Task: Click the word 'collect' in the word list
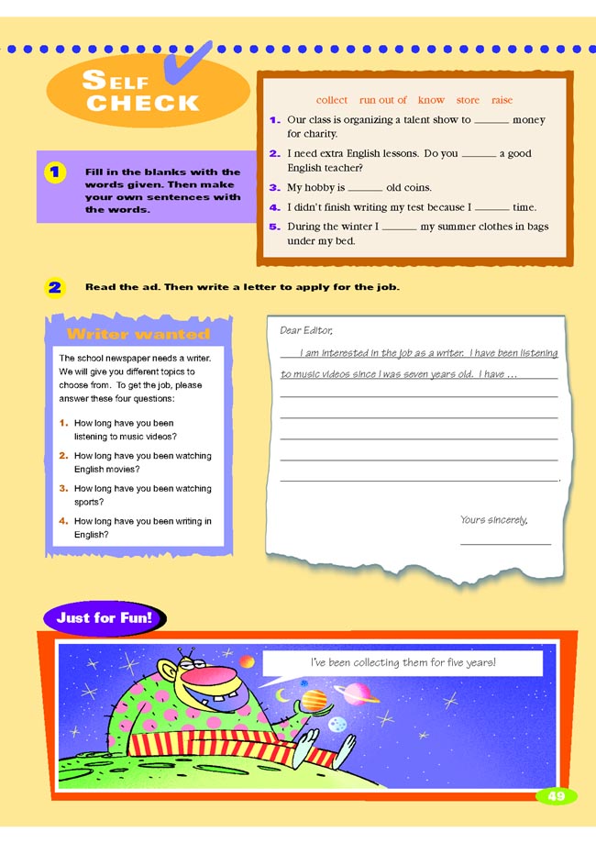click(332, 100)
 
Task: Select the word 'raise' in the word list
click(502, 100)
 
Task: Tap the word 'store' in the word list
click(468, 100)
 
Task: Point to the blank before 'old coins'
click(366, 189)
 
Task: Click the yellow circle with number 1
click(55, 172)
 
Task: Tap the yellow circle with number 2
click(55, 287)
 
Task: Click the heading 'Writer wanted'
click(138, 334)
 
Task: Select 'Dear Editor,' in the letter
click(306, 330)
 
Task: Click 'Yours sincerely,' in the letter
click(494, 520)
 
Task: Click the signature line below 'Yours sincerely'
click(505, 545)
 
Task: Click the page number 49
click(557, 796)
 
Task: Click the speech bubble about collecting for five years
click(403, 662)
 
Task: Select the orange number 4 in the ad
click(63, 521)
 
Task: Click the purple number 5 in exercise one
click(273, 227)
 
